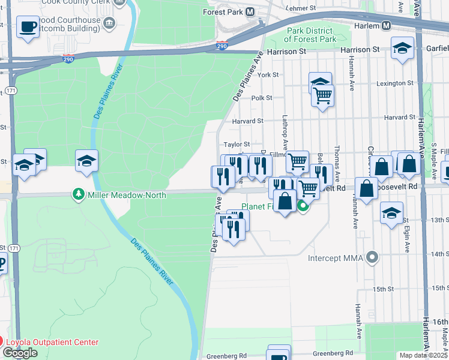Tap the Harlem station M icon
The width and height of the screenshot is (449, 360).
(387, 26)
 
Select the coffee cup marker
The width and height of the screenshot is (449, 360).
(28, 28)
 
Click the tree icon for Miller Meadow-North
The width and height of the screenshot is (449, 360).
(77, 194)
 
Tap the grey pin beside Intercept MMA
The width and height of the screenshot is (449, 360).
(372, 258)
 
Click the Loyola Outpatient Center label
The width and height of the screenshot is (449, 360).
(52, 342)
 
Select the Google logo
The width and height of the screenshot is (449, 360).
(20, 353)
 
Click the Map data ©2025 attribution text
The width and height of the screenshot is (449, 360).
(423, 355)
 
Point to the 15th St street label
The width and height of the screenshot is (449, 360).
(382, 289)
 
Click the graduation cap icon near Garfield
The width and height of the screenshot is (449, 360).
(402, 48)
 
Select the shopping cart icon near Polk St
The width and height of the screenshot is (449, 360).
(323, 94)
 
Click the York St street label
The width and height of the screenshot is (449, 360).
(268, 75)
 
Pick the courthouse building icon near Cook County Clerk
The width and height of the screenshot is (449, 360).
(109, 23)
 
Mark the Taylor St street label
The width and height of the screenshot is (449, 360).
(237, 145)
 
